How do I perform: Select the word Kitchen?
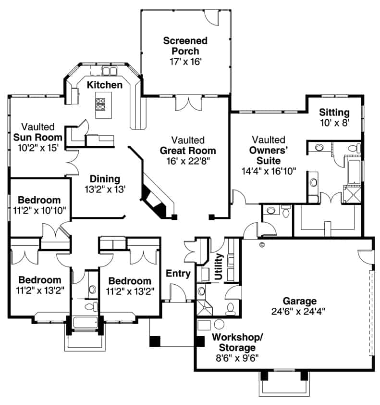104,85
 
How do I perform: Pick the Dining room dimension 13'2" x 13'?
105,190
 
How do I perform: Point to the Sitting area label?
334,113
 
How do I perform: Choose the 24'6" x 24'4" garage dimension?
298,311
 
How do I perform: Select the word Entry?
178,274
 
